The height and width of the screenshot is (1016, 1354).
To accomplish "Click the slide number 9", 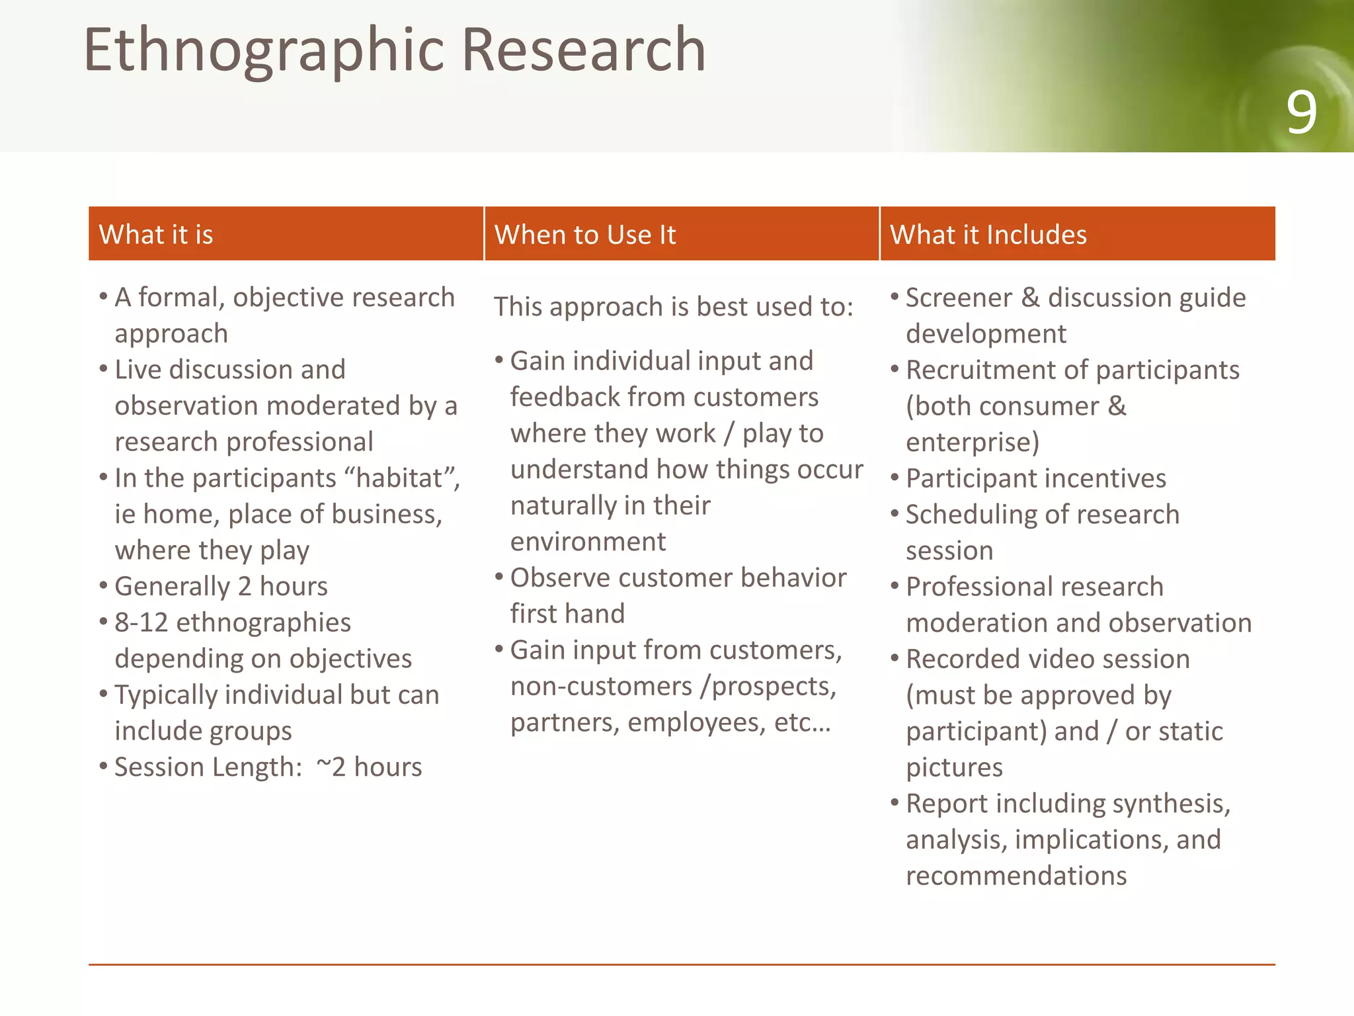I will click(1300, 113).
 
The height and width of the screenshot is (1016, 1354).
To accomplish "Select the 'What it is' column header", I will click(156, 235).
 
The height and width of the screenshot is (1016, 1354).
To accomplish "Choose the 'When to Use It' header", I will click(585, 235).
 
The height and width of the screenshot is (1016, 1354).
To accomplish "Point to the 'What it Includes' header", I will click(988, 235).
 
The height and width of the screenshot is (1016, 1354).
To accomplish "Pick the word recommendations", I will click(1016, 876).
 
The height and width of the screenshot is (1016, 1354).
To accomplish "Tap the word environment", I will click(588, 542).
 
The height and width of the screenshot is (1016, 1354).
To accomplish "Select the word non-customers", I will click(600, 686).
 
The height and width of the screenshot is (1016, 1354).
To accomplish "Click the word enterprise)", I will click(973, 442).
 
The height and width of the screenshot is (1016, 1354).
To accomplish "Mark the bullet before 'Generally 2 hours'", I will click(104, 585).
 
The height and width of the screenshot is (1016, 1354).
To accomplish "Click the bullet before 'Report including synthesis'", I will click(895, 802).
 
